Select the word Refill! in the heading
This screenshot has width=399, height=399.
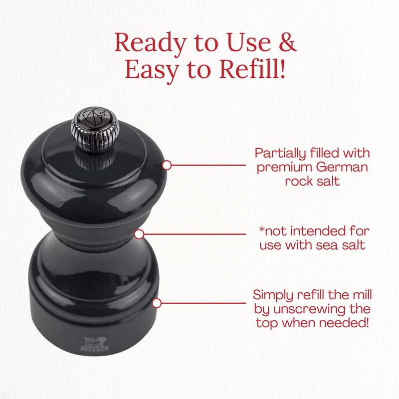(252, 69)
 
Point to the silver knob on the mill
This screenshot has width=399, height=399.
(95, 130)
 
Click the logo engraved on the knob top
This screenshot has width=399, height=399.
(95, 116)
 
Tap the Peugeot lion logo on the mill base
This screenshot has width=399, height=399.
(94, 344)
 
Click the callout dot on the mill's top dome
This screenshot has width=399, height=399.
(167, 165)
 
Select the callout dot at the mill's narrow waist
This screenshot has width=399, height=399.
(139, 234)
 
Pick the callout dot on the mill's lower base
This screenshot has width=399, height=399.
(157, 303)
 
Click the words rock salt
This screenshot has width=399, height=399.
(312, 182)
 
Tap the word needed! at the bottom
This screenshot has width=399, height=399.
(344, 323)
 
